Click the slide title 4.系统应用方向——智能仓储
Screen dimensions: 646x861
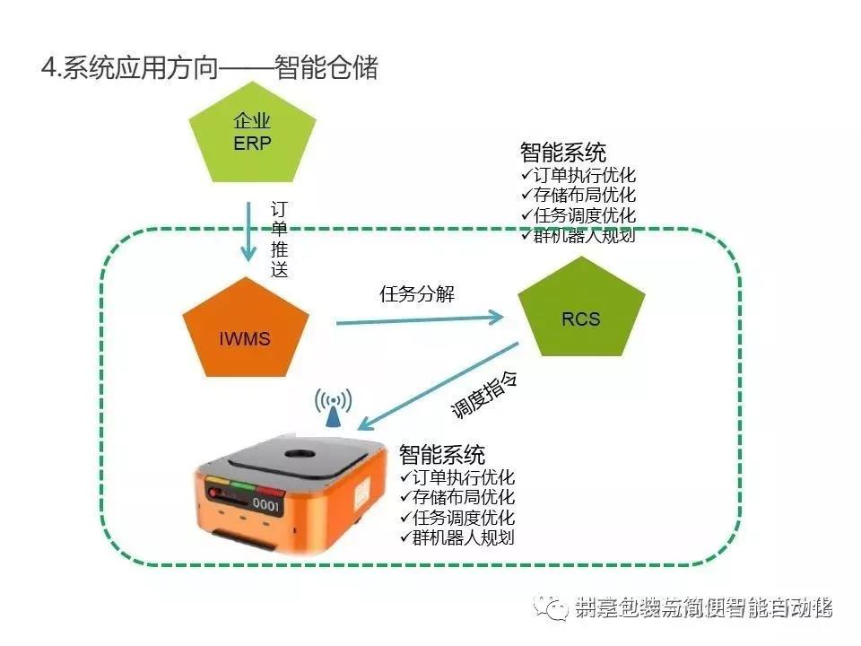(x=210, y=68)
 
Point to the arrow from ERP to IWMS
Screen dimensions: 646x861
(x=248, y=229)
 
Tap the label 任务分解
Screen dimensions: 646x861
(x=417, y=293)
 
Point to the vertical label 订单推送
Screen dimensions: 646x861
(x=280, y=239)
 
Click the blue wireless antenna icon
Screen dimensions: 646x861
(x=333, y=408)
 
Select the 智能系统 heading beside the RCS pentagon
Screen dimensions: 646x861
(x=562, y=152)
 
